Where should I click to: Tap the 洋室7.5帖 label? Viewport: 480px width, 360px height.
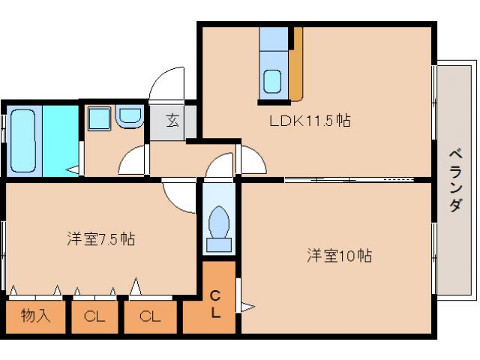(x=100, y=239)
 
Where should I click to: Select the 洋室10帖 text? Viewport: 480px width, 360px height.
(x=339, y=256)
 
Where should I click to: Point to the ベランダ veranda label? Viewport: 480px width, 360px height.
(x=454, y=180)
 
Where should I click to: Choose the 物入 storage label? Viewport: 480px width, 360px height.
(x=35, y=316)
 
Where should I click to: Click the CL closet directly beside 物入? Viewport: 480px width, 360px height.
(x=94, y=316)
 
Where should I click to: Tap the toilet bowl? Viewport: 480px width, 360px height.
(x=219, y=223)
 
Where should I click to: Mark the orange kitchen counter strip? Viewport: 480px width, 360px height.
(x=297, y=64)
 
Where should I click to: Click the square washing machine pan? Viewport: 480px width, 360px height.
(x=99, y=118)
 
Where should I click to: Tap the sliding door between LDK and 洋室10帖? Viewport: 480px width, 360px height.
(x=334, y=180)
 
